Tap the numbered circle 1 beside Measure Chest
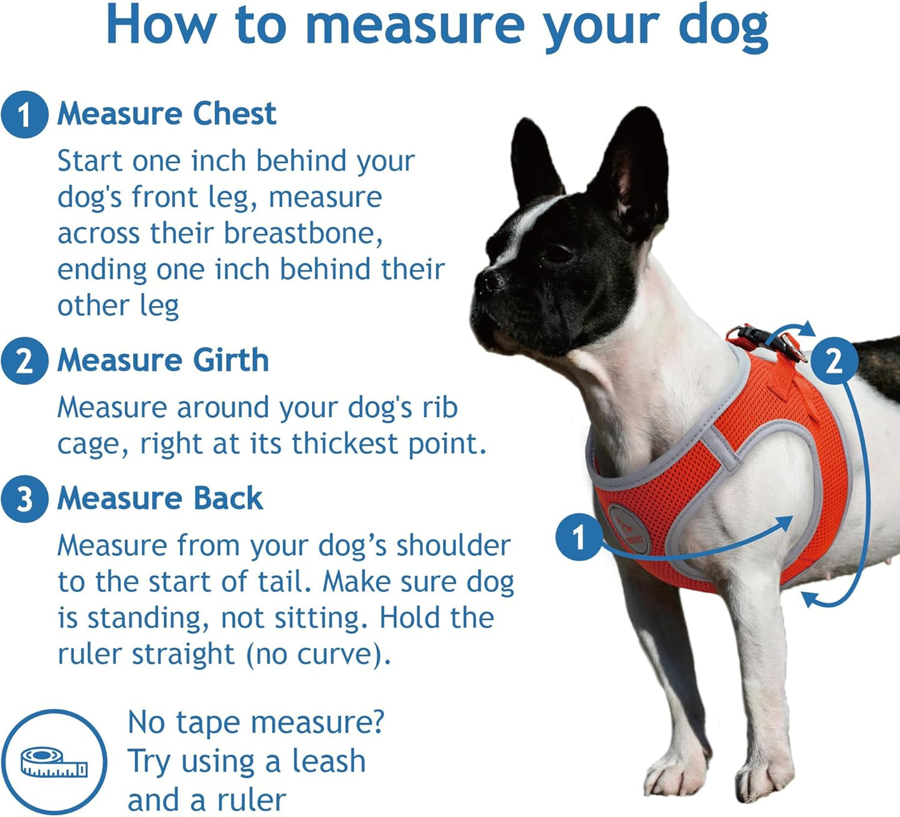tap(24, 115)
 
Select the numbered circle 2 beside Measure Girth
tap(24, 361)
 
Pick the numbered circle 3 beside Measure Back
tap(24, 499)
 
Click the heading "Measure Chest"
tap(166, 114)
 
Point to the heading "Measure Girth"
tap(163, 361)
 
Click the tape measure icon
tap(54, 763)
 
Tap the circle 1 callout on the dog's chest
tap(579, 537)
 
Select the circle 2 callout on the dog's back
tap(834, 360)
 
